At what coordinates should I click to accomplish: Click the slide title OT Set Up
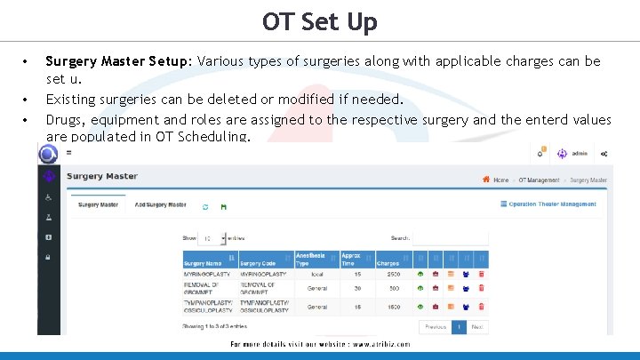pyautogui.click(x=319, y=21)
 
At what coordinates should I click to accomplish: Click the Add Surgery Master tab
pyautogui.click(x=160, y=205)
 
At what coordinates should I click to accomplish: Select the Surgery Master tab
pyautogui.click(x=98, y=205)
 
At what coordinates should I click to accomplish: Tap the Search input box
pyautogui.click(x=450, y=238)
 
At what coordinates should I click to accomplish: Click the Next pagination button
pyautogui.click(x=478, y=327)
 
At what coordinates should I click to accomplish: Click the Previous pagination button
pyautogui.click(x=436, y=327)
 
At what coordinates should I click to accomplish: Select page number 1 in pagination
pyautogui.click(x=460, y=327)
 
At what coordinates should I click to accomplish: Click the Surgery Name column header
pyautogui.click(x=203, y=263)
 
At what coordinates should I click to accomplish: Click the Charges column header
pyautogui.click(x=388, y=263)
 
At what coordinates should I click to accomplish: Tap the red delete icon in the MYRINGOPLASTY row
pyautogui.click(x=481, y=275)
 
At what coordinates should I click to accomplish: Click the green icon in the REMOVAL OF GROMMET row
pyautogui.click(x=420, y=288)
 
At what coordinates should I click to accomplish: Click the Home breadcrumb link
pyautogui.click(x=500, y=180)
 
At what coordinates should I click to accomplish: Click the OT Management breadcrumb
pyautogui.click(x=539, y=180)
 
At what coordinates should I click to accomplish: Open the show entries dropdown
pyautogui.click(x=211, y=238)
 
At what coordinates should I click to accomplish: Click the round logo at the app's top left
pyautogui.click(x=47, y=154)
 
